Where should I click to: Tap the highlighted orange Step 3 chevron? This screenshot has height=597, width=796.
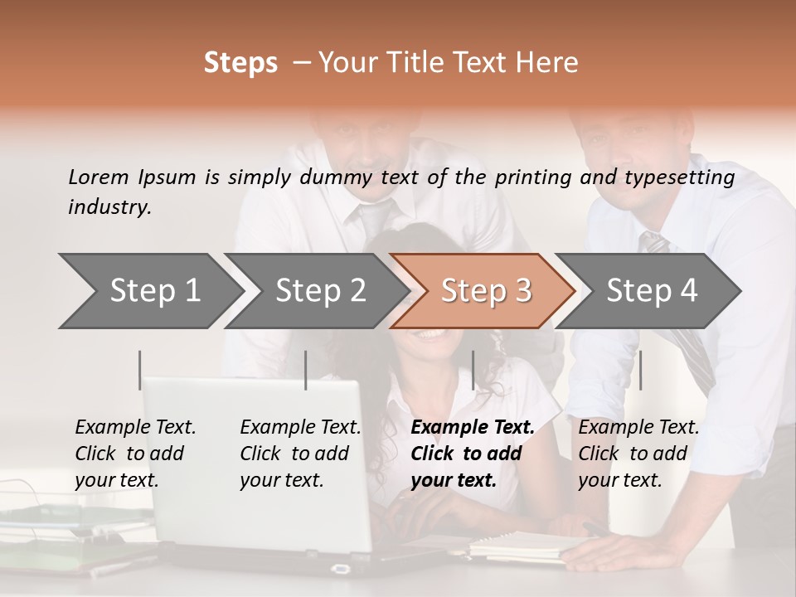486,291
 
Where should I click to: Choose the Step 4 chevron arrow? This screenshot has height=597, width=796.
652,291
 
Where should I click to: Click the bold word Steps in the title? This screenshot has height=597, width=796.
240,63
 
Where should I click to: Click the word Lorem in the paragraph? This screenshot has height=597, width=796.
99,177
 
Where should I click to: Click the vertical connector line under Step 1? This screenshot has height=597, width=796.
140,370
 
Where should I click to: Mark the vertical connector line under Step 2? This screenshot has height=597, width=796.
306,370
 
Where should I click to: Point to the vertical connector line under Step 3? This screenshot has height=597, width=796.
473,370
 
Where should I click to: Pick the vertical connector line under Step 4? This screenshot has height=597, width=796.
640,370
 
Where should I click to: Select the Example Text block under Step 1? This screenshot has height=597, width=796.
135,454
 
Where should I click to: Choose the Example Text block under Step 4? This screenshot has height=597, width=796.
638,454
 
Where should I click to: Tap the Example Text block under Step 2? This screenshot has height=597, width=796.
300,454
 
